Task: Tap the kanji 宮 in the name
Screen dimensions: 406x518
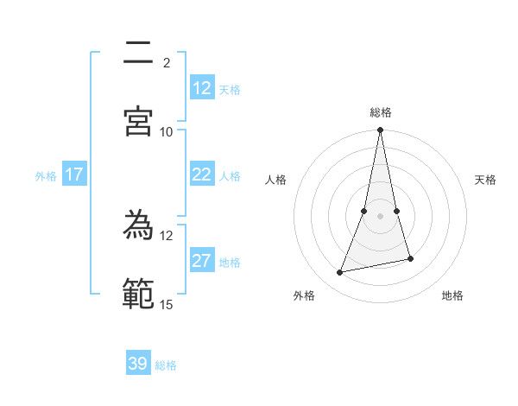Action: pos(138,121)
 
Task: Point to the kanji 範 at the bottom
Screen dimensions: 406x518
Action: pos(138,295)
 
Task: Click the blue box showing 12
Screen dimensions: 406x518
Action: pos(202,88)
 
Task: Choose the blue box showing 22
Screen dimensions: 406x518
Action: pos(202,174)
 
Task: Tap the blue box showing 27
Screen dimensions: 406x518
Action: pos(202,261)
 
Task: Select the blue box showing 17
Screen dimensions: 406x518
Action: pos(74,174)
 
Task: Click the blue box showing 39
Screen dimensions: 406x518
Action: pos(138,364)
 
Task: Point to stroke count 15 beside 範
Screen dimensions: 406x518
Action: pos(167,304)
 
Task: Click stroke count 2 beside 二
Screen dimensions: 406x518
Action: pos(167,62)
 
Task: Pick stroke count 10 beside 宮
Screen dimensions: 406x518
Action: pos(167,131)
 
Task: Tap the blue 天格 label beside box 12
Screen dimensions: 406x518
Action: pos(230,89)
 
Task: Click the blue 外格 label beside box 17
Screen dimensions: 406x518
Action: pos(46,175)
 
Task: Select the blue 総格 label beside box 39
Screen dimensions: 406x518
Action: pos(166,365)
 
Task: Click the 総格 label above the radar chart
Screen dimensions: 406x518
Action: pos(381,112)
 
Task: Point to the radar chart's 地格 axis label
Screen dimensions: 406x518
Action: pos(452,295)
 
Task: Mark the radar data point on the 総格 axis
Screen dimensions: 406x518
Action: pos(381,130)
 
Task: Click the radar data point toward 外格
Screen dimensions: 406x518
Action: pos(340,273)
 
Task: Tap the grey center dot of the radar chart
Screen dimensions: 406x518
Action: pos(381,215)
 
